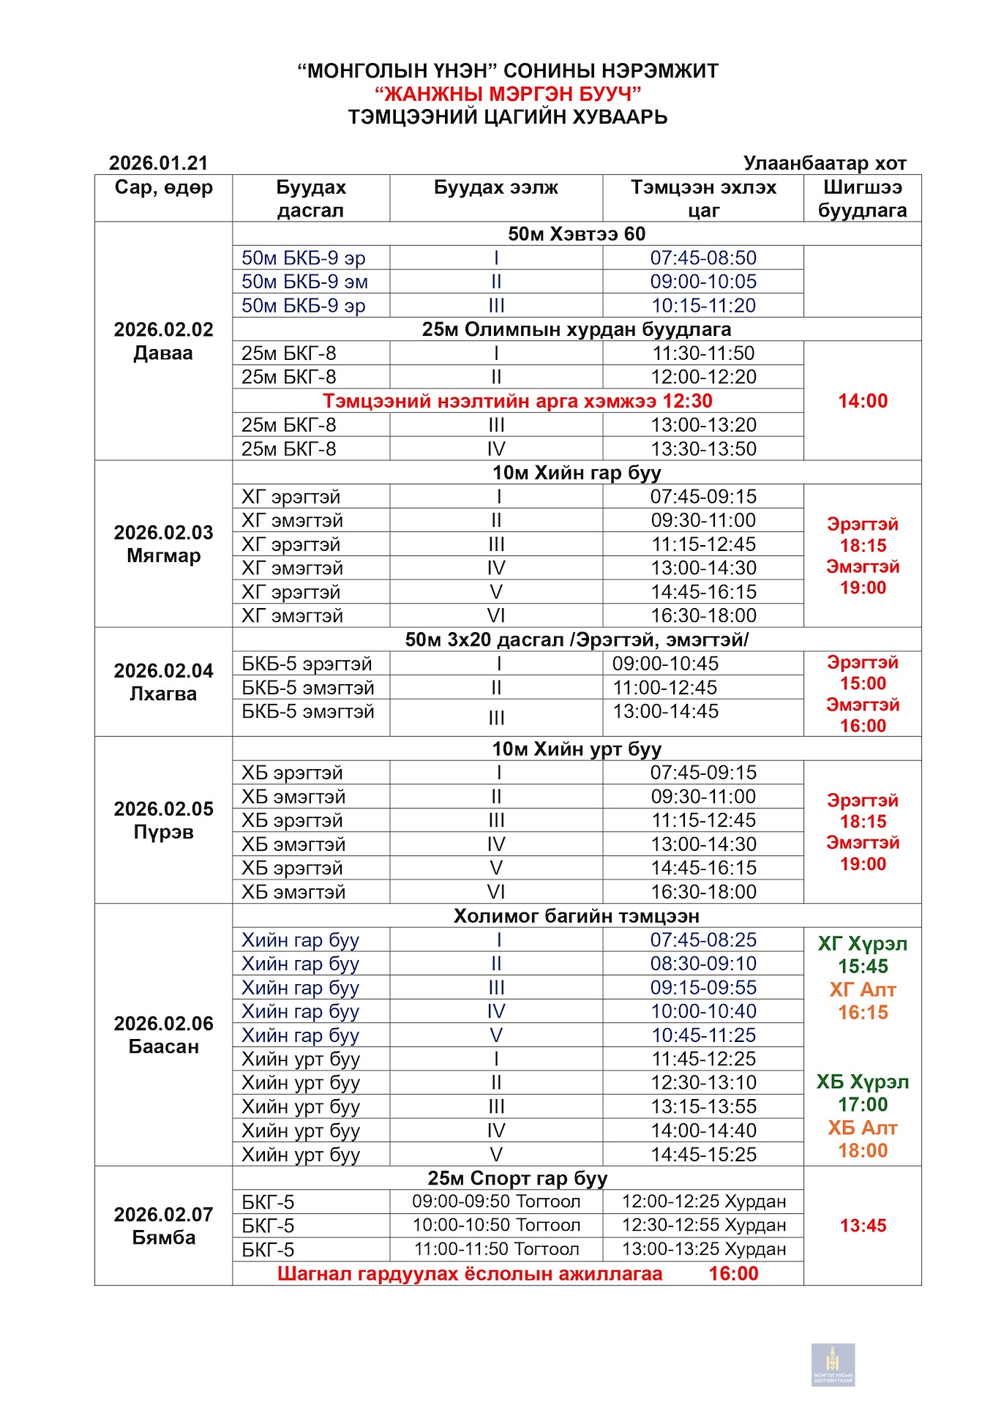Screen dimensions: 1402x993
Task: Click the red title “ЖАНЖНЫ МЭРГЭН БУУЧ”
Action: [508, 94]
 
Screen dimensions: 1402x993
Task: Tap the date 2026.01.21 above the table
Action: [158, 162]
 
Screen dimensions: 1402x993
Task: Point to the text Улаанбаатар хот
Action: [825, 162]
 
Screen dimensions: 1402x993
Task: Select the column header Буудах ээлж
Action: [495, 187]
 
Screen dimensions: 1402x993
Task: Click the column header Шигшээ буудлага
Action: [862, 198]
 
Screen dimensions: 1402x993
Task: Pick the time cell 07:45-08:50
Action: [703, 258]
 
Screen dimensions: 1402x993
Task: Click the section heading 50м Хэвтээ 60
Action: [577, 234]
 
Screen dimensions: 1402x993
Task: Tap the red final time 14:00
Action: [863, 401]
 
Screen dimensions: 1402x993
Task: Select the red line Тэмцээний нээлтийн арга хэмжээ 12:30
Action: [517, 401]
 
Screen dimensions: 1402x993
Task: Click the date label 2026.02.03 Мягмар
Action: [163, 544]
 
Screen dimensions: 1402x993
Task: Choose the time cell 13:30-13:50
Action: [703, 449]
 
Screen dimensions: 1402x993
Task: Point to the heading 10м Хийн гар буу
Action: [577, 473]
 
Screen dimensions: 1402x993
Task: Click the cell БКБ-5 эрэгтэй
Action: [307, 664]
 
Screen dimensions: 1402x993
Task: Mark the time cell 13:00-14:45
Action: [665, 711]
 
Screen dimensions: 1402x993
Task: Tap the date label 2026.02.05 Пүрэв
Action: [163, 820]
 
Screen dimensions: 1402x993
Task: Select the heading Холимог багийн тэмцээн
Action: [577, 916]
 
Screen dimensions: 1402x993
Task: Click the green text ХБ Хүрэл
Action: [863, 1082]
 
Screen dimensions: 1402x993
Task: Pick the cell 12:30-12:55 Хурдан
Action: [703, 1225]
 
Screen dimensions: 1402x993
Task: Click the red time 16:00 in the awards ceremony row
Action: [733, 1273]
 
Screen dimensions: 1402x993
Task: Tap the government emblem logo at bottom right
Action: [833, 1364]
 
